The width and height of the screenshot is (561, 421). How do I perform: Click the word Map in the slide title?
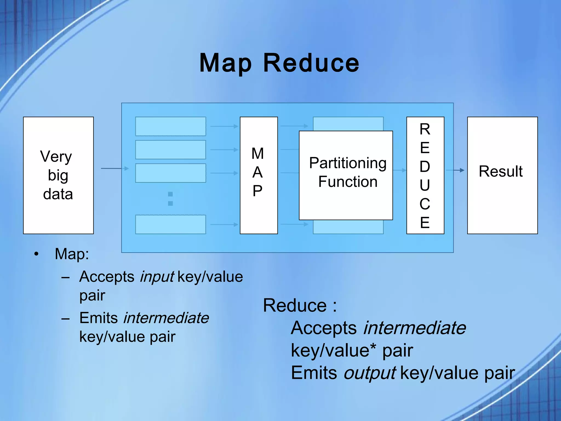click(x=225, y=64)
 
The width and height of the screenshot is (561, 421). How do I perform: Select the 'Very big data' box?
click(x=58, y=175)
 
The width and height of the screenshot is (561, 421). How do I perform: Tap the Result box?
click(x=502, y=175)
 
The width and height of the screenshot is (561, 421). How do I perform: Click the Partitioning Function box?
click(x=346, y=175)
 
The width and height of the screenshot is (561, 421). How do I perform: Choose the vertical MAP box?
click(x=258, y=175)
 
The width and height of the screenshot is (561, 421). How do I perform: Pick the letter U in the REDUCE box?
click(x=425, y=186)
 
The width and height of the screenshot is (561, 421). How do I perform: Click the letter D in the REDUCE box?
click(x=425, y=167)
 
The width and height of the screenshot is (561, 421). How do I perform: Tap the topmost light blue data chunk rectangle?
click(x=170, y=126)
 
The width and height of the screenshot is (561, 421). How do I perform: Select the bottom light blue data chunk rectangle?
click(x=170, y=224)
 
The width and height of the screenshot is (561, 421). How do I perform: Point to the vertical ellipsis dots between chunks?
click(x=170, y=199)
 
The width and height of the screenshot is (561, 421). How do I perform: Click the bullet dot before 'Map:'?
click(x=36, y=254)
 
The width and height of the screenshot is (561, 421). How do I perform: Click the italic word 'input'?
click(x=157, y=277)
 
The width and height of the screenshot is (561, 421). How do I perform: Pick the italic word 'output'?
click(x=370, y=373)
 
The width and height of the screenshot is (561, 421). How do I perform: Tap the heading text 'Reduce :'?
click(x=300, y=305)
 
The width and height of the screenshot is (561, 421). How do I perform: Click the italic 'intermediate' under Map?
click(x=166, y=318)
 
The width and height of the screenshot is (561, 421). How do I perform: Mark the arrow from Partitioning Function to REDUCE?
click(x=399, y=170)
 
